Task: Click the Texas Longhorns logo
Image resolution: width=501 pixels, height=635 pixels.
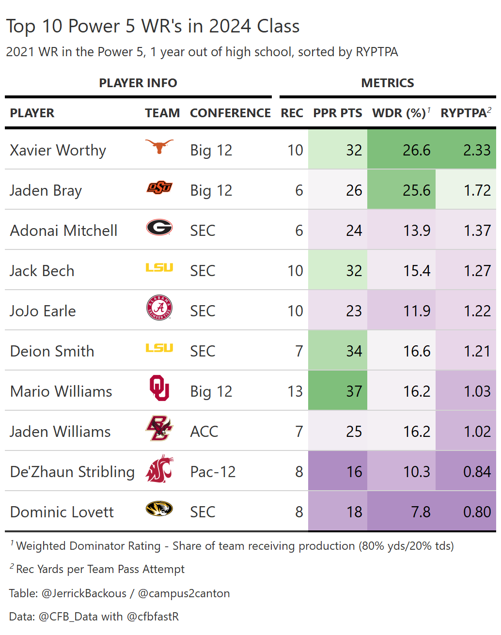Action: click(159, 146)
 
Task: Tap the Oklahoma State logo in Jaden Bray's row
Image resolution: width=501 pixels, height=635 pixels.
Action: click(159, 187)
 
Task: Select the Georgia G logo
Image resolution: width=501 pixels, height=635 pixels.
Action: click(159, 227)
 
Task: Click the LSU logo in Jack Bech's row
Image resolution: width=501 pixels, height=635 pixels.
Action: click(159, 267)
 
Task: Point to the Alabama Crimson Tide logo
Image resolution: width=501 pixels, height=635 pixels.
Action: click(159, 308)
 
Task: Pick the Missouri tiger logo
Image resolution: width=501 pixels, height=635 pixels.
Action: click(159, 509)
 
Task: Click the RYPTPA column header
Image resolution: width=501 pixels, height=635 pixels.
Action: click(463, 113)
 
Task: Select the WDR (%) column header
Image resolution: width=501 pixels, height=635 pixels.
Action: click(399, 113)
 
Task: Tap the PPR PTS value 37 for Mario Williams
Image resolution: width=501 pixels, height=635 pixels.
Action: click(354, 391)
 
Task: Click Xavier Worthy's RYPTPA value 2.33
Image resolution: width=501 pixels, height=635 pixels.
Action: click(477, 150)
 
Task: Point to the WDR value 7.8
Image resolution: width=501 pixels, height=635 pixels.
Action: click(421, 511)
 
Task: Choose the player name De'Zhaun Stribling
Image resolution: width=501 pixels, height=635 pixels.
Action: click(72, 472)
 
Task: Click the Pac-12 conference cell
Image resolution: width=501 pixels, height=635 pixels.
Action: click(213, 472)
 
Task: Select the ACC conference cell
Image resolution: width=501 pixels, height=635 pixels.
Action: click(204, 432)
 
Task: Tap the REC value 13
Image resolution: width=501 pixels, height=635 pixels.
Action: click(295, 391)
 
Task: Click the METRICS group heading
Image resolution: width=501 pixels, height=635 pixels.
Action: click(388, 83)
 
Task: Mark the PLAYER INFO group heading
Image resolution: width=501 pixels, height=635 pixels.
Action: click(138, 83)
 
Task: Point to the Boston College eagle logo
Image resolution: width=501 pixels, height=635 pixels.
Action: click(159, 428)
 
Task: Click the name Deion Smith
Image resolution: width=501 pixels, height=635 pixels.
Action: click(52, 351)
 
